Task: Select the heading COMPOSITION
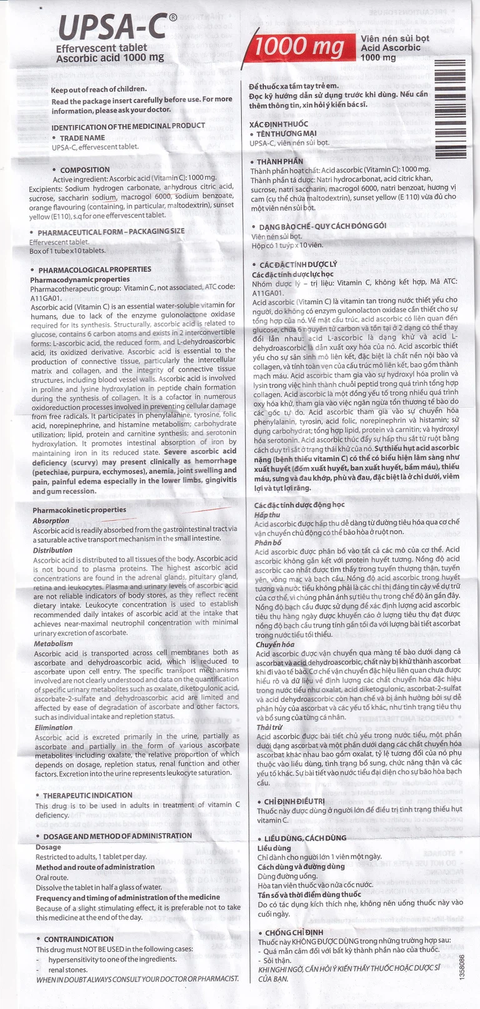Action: pyautogui.click(x=85, y=169)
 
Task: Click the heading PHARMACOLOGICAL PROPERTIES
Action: pyautogui.click(x=94, y=270)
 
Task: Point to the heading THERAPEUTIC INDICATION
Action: pyautogui.click(x=87, y=795)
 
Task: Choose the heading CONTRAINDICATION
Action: pyautogui.click(x=79, y=938)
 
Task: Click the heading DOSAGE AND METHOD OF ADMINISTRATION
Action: pyautogui.click(x=117, y=835)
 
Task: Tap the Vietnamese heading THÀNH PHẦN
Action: pyautogui.click(x=280, y=161)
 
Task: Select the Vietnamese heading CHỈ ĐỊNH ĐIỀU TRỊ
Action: pyautogui.click(x=294, y=801)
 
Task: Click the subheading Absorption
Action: pyautogui.click(x=51, y=520)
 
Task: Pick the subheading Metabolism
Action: pyautogui.click(x=53, y=643)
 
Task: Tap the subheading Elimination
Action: pyautogui.click(x=54, y=727)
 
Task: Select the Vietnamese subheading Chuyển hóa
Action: pyautogui.click(x=274, y=644)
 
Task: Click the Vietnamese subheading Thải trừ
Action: pyautogui.click(x=268, y=727)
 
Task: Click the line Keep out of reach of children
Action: pyautogui.click(x=99, y=89)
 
